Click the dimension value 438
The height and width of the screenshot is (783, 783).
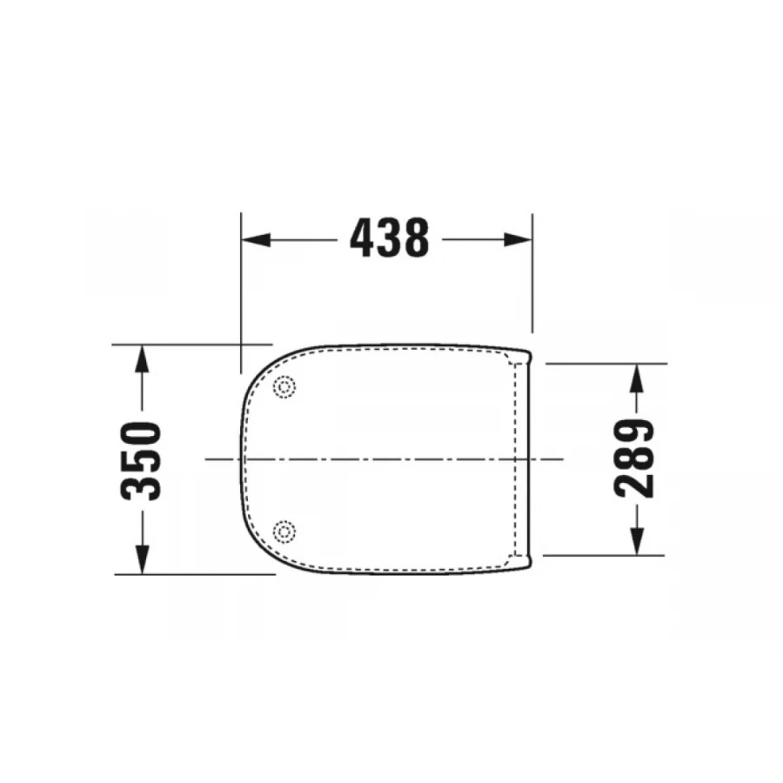click(389, 238)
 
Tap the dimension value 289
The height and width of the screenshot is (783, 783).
click(635, 458)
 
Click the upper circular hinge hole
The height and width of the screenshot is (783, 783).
click(284, 387)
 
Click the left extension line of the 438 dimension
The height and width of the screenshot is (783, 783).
click(241, 287)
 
